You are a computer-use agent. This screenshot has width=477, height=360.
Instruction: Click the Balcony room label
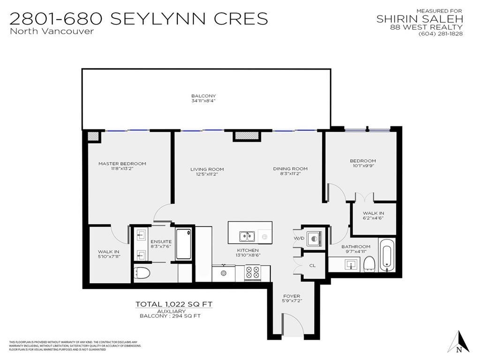(203, 96)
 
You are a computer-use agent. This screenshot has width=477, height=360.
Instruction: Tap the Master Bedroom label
(122, 164)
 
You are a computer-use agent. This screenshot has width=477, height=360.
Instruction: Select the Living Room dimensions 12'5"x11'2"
(207, 174)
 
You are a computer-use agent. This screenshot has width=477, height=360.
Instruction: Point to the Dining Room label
(290, 169)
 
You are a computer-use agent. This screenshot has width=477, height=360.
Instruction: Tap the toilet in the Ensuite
(142, 273)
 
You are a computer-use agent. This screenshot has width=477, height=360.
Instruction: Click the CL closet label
(312, 265)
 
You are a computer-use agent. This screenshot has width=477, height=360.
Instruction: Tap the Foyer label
(291, 296)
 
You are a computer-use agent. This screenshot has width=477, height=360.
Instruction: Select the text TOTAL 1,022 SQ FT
(174, 304)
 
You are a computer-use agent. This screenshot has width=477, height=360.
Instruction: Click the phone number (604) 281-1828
(440, 33)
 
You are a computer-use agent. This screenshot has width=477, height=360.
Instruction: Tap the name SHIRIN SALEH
(420, 19)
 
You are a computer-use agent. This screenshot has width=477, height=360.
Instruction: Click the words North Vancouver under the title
(52, 31)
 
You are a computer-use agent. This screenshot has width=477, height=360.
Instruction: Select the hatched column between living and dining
(246, 135)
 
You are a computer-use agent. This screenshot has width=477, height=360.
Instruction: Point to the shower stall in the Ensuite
(183, 244)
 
